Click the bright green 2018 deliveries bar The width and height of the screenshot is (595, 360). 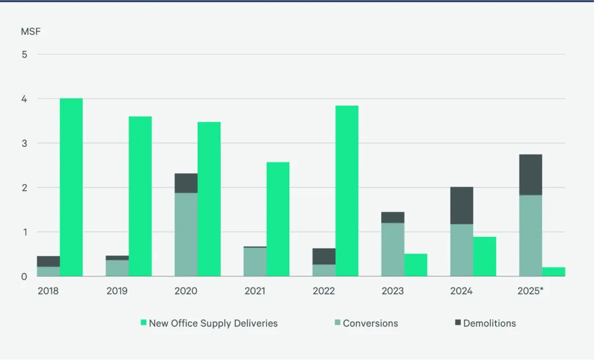click(71, 187)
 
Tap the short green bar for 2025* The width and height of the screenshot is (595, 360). click(554, 272)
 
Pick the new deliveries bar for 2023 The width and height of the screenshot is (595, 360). click(415, 265)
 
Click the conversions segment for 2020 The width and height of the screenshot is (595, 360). click(186, 235)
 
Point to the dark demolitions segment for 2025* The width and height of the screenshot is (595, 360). click(531, 174)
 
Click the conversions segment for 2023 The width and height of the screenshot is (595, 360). click(393, 250)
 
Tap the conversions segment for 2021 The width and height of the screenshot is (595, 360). click(255, 262)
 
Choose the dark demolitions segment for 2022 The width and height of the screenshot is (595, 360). click(324, 257)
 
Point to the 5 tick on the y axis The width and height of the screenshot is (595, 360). click(24, 55)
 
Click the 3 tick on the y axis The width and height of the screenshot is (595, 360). click(24, 143)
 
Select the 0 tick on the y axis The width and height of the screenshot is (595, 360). click(24, 276)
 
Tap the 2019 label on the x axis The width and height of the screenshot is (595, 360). click(117, 290)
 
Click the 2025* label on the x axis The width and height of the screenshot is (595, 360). click(530, 290)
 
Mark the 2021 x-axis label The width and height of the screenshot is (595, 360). click(255, 290)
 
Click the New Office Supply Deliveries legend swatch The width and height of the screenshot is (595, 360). click(144, 323)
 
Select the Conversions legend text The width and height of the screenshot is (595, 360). click(370, 323)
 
